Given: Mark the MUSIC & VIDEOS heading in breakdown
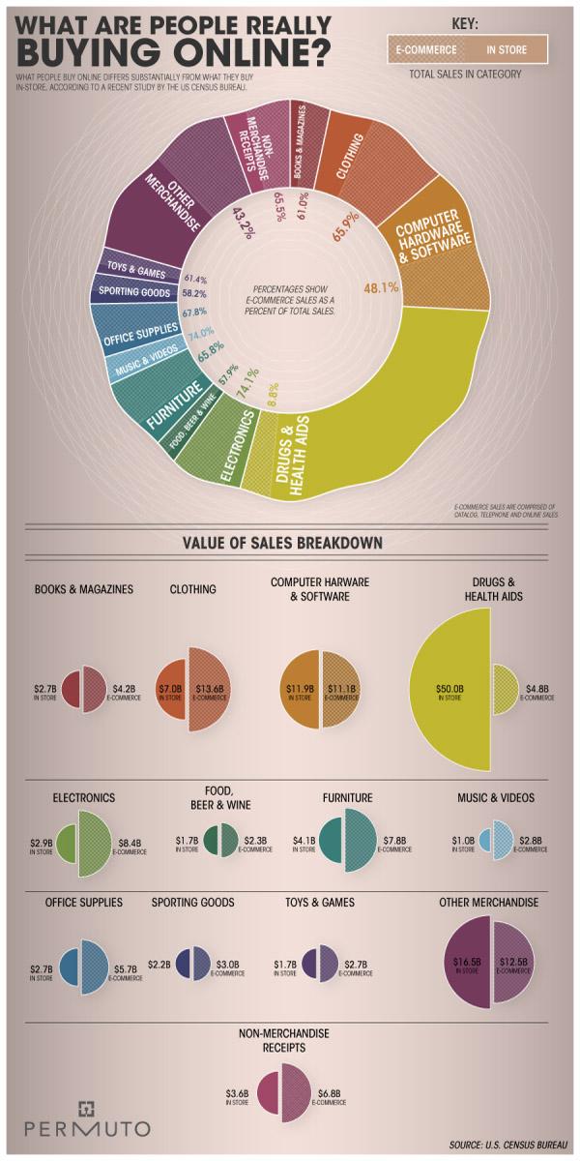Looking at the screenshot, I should [496, 798].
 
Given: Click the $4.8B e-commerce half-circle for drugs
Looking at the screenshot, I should [507, 691].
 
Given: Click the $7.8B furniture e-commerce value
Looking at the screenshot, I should [393, 842].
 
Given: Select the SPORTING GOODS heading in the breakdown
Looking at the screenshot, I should [192, 903].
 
